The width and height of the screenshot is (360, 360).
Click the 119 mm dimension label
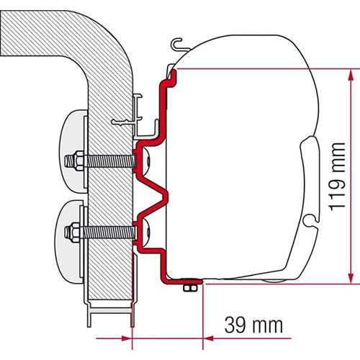tap(337, 177)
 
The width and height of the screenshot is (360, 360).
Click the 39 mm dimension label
tap(253, 325)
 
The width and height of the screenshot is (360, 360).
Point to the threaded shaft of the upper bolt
tap(109, 161)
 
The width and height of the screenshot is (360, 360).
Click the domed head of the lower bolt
tap(146, 231)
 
